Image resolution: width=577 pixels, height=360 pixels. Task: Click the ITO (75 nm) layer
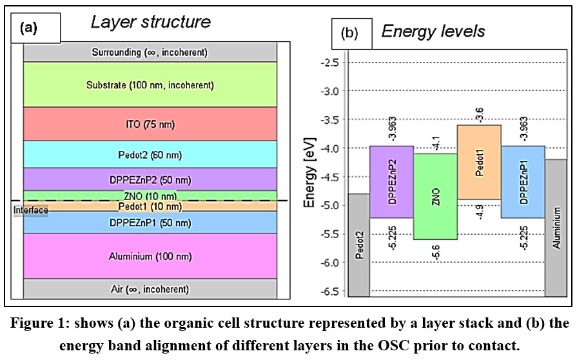150,124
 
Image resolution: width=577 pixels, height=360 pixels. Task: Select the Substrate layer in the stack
150,85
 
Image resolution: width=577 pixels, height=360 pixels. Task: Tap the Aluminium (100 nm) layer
150,256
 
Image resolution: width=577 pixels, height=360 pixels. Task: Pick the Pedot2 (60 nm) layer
150,155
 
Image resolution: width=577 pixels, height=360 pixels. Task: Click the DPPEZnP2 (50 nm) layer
150,179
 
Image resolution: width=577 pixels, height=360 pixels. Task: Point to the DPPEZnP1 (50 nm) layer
150,223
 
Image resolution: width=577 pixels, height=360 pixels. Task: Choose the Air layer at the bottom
150,289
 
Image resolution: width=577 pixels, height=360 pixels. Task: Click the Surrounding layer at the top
150,52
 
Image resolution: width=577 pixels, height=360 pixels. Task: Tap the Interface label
30,211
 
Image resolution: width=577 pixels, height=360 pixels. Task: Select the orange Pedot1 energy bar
478,162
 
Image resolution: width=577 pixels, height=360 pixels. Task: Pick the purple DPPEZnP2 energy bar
391,182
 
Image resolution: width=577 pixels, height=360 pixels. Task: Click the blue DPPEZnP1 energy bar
522,182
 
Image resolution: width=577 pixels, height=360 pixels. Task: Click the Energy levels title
433,31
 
